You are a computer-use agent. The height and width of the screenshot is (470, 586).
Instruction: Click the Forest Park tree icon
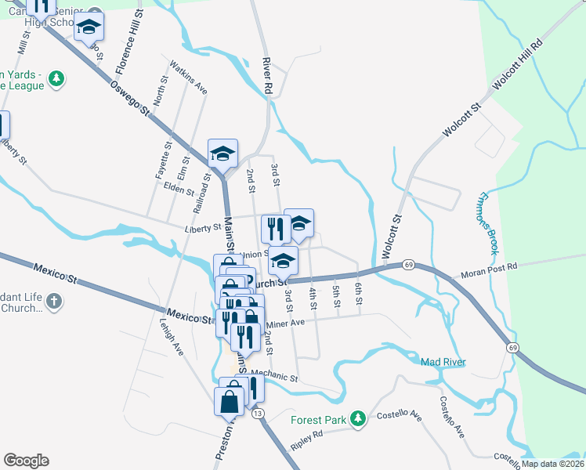click(358, 420)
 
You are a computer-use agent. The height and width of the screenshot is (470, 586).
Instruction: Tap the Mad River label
click(443, 362)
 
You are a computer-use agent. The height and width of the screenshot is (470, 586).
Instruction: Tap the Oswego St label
click(129, 98)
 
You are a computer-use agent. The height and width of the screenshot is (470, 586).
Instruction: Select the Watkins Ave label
click(189, 78)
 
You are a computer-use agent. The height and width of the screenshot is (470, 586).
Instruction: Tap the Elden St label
click(179, 190)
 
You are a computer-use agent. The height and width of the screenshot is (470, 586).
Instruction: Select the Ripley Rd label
click(307, 434)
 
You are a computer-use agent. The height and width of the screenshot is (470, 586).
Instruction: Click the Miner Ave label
click(284, 323)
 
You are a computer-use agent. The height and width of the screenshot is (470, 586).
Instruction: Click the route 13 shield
click(259, 413)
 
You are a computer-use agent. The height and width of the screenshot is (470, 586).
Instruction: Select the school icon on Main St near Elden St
click(222, 154)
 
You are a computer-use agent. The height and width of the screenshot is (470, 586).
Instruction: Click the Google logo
click(26, 461)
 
